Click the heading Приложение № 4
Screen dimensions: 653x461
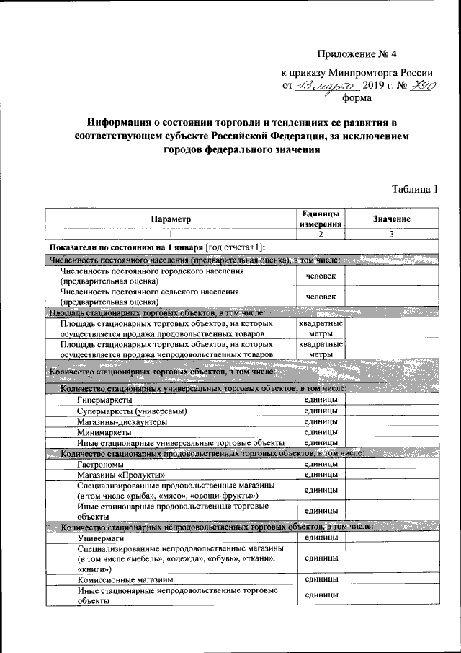tap(357, 53)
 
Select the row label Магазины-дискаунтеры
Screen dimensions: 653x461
tap(123, 421)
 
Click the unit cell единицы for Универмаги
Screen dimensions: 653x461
tap(321, 538)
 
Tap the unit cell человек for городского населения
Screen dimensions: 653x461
tap(321, 276)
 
